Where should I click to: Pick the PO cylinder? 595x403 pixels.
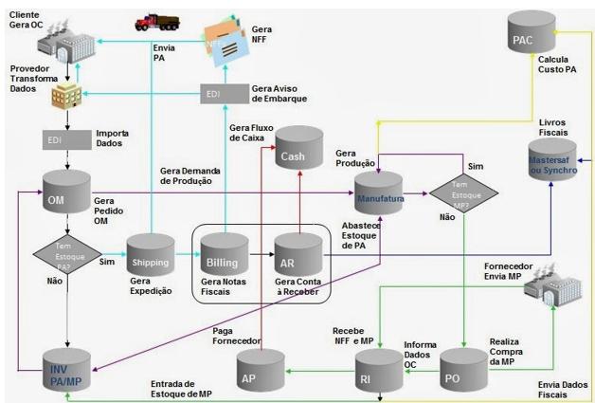463,372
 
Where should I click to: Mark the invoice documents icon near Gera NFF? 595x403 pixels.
224,38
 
